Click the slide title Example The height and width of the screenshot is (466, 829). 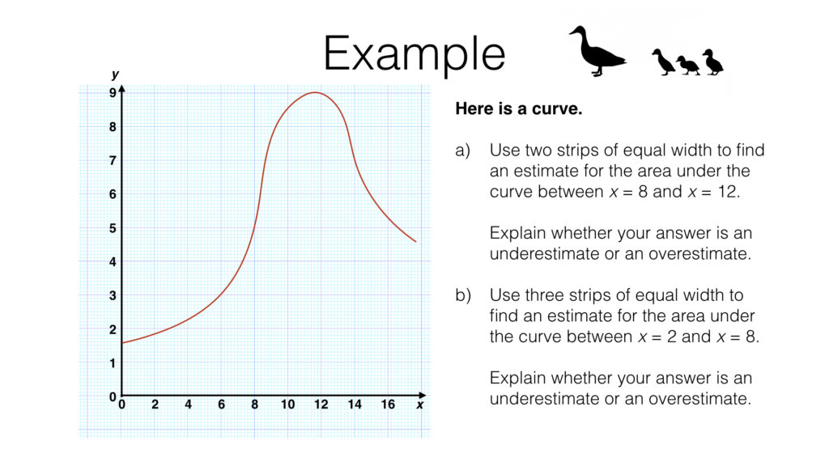(414, 54)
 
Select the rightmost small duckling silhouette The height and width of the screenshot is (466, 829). (712, 62)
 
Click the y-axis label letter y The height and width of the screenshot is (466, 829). (115, 74)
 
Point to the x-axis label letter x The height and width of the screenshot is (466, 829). (420, 405)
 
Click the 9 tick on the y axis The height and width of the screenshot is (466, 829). (113, 93)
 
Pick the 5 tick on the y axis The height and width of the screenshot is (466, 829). (113, 228)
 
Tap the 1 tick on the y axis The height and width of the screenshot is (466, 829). (113, 363)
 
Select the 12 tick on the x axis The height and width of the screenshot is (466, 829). (321, 405)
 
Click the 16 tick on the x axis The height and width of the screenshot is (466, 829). (388, 405)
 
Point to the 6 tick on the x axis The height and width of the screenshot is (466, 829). (222, 405)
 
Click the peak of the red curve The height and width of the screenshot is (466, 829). (315, 92)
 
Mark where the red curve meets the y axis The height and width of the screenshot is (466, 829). (122, 343)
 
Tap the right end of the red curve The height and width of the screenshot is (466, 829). (415, 241)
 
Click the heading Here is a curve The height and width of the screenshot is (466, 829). (519, 109)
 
